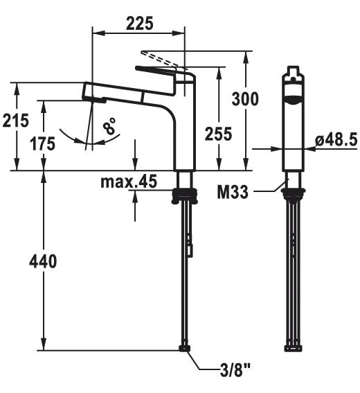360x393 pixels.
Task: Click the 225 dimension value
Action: (139, 24)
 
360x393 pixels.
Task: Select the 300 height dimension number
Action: (245, 99)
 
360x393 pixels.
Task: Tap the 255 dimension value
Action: (219, 134)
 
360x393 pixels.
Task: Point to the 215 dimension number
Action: (16, 121)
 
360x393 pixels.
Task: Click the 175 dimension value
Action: (43, 144)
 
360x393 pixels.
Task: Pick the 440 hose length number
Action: (43, 261)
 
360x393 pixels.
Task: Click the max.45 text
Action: (129, 181)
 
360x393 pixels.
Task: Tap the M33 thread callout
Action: (233, 192)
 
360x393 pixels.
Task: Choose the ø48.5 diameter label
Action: (336, 139)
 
